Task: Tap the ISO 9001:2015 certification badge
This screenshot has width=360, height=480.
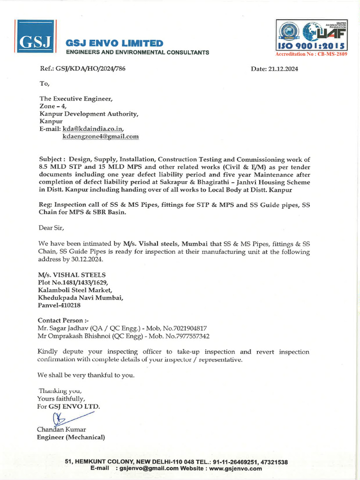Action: coord(311,35)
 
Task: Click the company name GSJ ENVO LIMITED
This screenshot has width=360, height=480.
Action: coord(115,44)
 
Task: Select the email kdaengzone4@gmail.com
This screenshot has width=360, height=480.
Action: coord(100,136)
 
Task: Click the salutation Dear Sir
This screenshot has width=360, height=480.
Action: coord(51,228)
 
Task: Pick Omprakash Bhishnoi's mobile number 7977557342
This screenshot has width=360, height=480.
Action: coord(191,336)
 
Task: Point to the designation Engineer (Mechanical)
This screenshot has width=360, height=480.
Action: coord(71,437)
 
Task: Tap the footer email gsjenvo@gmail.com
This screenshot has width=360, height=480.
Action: coord(149,468)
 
